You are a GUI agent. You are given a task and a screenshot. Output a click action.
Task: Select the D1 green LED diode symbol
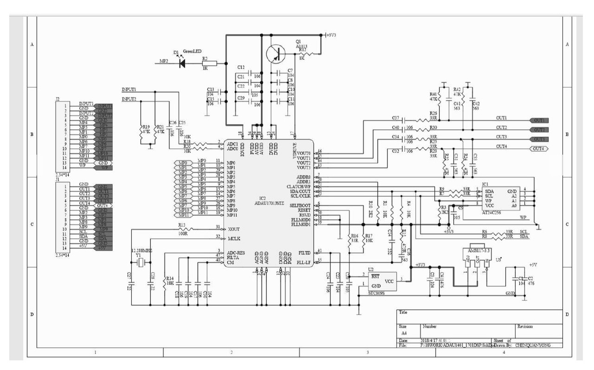[181, 63]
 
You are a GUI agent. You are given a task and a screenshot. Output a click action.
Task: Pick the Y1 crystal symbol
[141, 263]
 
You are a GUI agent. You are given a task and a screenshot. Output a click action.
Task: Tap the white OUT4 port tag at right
[539, 148]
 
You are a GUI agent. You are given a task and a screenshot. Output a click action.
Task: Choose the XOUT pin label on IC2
[233, 229]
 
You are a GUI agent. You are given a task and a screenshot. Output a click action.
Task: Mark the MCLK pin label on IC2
[234, 238]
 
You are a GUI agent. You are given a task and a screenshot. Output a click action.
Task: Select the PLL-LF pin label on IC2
[303, 262]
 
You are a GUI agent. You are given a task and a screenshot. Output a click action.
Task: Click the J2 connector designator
[58, 99]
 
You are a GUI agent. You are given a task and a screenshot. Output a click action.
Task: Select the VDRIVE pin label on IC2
[295, 151]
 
